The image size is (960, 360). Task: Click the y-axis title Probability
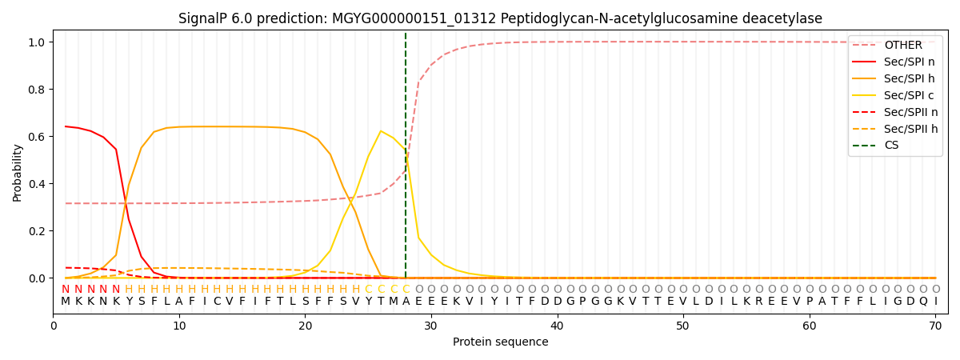[18, 172]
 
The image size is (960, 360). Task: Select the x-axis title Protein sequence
[500, 342]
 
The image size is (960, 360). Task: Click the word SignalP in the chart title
[202, 18]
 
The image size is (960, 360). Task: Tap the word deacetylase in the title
[784, 18]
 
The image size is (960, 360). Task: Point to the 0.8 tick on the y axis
[37, 89]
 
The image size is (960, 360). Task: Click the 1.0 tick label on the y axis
[37, 42]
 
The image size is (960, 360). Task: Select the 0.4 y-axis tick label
[37, 184]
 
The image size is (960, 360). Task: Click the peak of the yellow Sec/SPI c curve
[381, 130]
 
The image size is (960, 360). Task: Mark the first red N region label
[66, 290]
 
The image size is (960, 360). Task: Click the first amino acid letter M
[66, 302]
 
